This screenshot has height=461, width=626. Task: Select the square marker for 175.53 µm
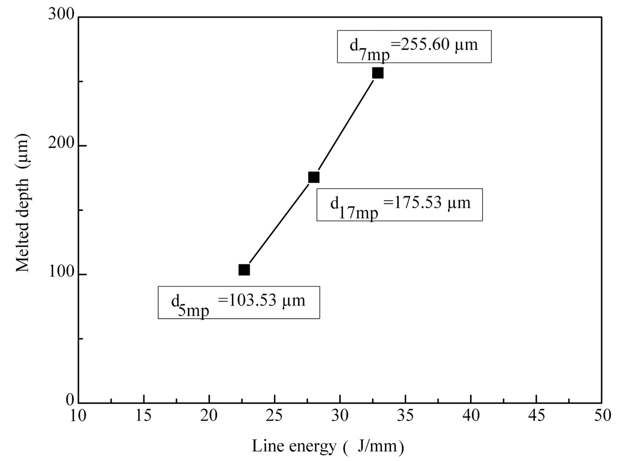click(314, 177)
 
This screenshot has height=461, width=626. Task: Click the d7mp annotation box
click(414, 47)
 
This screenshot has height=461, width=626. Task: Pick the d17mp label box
click(399, 205)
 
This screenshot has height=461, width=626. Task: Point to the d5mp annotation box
click(239, 302)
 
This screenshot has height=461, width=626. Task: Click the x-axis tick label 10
click(78, 416)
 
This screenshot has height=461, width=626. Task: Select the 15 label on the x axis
click(143, 416)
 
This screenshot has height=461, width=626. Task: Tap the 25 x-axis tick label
click(274, 416)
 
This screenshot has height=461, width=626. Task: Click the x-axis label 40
click(471, 416)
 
